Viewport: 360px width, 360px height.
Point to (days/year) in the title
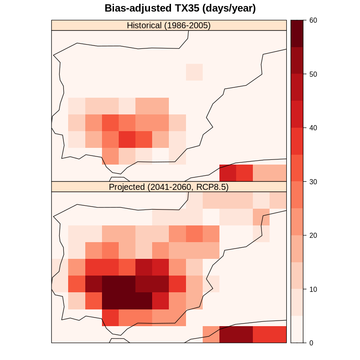point(229,9)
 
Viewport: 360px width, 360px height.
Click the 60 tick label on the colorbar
point(313,20)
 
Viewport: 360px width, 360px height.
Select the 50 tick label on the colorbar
point(313,74)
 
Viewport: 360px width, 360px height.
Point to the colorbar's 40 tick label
point(313,128)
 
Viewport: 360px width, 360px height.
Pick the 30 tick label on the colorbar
point(313,182)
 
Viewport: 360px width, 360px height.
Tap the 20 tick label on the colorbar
point(313,235)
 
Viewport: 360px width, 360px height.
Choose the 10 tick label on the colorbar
point(313,289)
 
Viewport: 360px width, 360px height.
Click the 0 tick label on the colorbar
point(312,343)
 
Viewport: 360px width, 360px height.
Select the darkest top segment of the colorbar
point(297,33)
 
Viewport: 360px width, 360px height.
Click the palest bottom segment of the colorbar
point(297,329)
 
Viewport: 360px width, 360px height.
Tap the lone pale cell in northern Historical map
point(194,72)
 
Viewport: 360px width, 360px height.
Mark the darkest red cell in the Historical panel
point(228,173)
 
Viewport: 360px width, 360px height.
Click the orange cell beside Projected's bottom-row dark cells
point(211,334)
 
